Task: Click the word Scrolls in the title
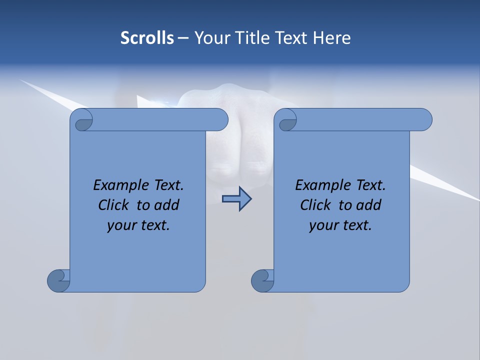click(147, 38)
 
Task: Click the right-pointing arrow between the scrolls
click(236, 199)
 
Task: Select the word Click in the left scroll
click(110, 205)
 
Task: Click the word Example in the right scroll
click(322, 185)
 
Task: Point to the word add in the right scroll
click(368, 205)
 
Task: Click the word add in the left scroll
click(166, 205)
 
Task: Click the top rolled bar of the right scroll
click(360, 119)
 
